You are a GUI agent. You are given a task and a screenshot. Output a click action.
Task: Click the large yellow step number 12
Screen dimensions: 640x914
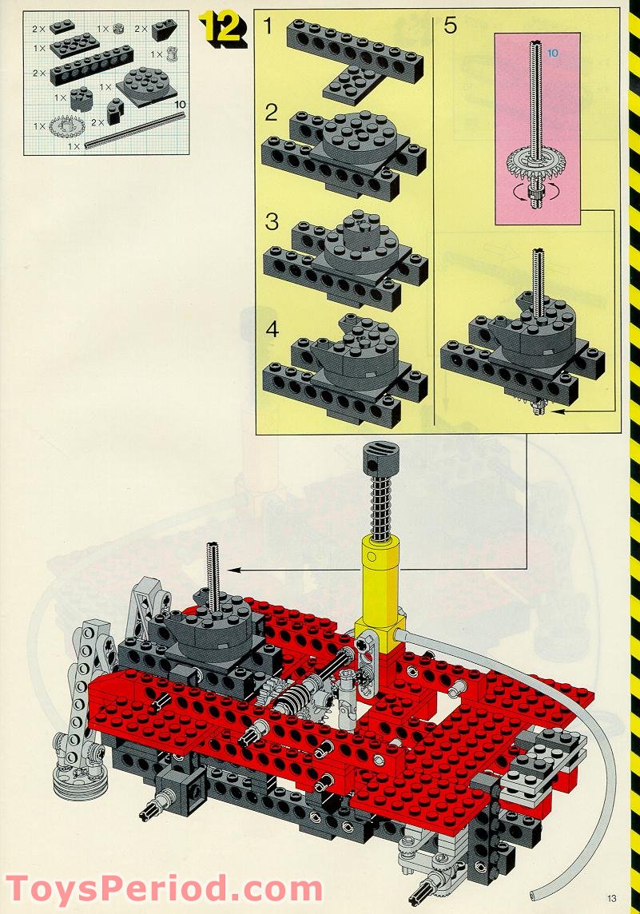point(222,28)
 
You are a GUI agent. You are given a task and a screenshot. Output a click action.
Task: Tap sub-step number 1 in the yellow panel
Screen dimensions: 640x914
point(268,26)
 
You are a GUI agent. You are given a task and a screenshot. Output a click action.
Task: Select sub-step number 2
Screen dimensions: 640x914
point(271,113)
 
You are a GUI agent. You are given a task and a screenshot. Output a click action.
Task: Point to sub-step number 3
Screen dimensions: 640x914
point(272,221)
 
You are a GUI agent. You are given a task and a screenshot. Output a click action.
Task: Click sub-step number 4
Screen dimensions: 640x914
point(272,329)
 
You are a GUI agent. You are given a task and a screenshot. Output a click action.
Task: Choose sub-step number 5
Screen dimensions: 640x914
point(450,26)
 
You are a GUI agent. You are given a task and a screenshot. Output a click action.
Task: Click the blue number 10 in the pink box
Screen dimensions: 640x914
point(553,53)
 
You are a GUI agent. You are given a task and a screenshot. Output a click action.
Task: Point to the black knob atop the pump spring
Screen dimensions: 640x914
point(379,458)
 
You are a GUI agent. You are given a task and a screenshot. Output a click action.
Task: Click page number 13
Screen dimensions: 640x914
point(611,898)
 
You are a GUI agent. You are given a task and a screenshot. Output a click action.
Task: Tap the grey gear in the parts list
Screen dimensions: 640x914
point(67,125)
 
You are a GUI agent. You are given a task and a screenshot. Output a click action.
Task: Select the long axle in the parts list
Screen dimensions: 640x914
point(135,130)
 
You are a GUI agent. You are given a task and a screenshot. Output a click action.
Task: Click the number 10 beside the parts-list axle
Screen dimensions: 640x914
point(180,104)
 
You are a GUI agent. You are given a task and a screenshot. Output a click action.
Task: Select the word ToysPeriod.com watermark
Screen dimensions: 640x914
point(163,890)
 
